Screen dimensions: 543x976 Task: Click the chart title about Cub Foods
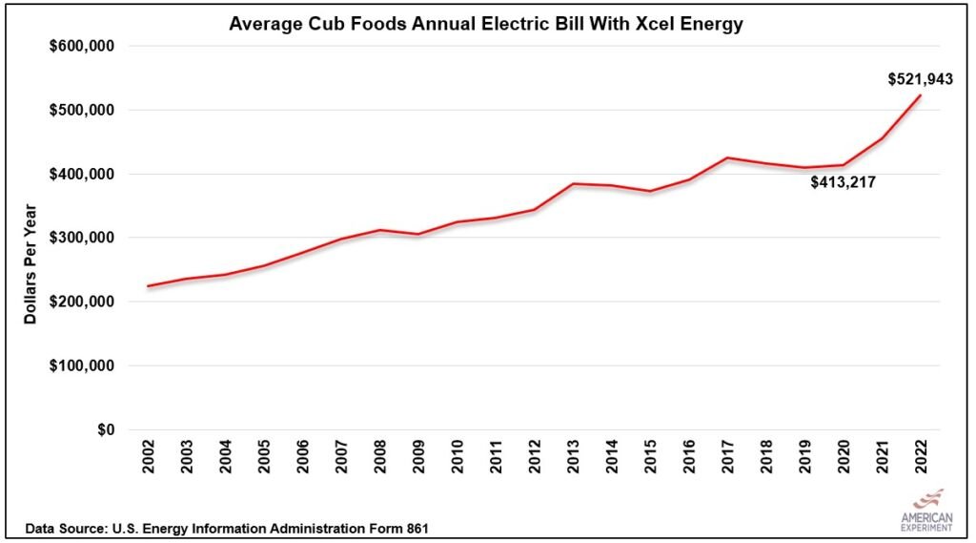[x=486, y=24]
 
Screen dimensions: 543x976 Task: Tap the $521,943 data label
[x=920, y=79]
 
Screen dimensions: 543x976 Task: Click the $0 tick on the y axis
[x=107, y=429]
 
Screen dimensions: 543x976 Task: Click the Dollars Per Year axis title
[x=30, y=262]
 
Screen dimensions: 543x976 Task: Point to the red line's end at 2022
[x=921, y=95]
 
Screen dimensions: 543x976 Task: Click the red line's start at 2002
[x=149, y=285]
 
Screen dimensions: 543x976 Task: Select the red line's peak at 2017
[x=727, y=157]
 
